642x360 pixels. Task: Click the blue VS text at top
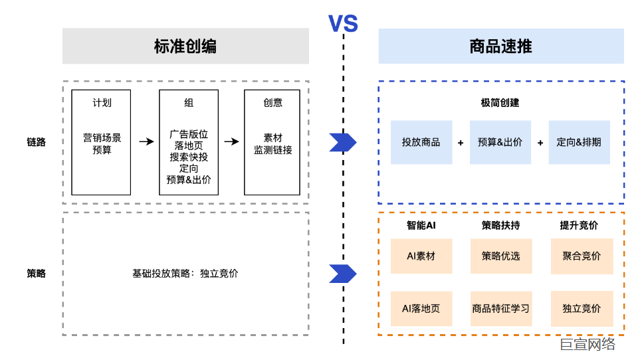(343, 25)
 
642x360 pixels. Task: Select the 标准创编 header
(185, 46)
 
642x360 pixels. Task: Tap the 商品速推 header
(500, 46)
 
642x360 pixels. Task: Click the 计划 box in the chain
(101, 142)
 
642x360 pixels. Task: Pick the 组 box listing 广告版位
(189, 142)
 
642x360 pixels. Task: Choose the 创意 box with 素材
(272, 142)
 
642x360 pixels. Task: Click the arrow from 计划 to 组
(146, 141)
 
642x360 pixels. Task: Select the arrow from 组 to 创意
(231, 141)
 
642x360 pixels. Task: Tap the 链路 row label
(36, 141)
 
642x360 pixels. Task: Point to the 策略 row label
(36, 273)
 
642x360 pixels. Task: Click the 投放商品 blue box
(421, 142)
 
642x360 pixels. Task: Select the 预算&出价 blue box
(500, 142)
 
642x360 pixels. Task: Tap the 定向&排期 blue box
(579, 142)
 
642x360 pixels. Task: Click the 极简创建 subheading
(500, 103)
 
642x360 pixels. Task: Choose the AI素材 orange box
(421, 256)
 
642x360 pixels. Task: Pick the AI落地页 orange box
(421, 308)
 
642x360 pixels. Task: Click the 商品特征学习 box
(500, 308)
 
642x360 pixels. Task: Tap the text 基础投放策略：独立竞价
(185, 273)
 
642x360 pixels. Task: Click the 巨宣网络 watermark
(587, 344)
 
